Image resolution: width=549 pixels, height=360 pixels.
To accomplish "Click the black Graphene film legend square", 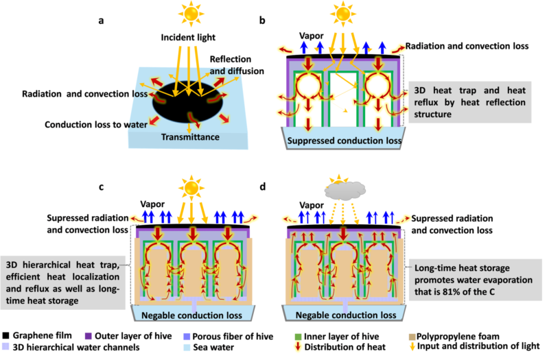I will tap(5, 335).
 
